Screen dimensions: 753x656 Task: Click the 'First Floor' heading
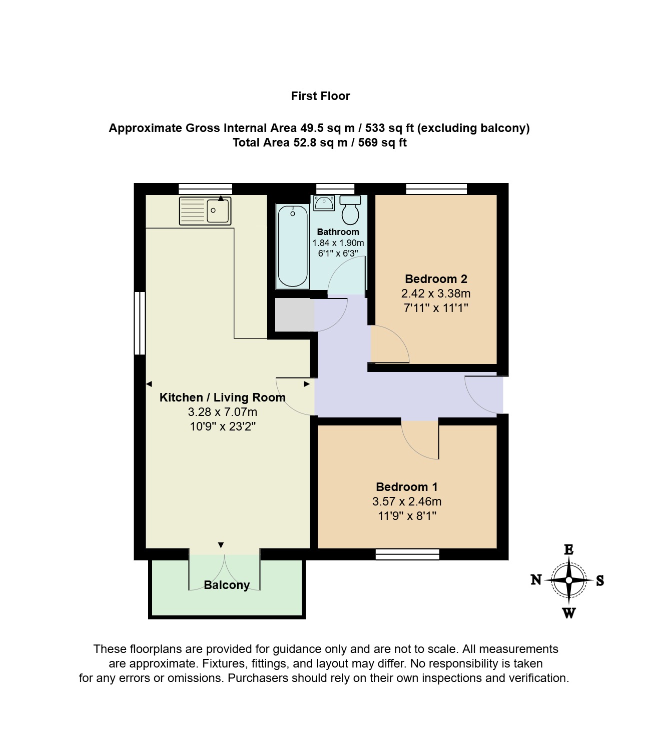(x=320, y=96)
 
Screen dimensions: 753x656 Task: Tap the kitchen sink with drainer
(x=205, y=211)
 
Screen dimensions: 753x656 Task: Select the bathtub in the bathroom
(x=292, y=245)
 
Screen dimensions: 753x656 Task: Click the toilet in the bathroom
(x=350, y=209)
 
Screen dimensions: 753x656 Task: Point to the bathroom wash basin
(x=324, y=203)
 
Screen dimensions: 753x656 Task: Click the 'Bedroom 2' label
(x=436, y=279)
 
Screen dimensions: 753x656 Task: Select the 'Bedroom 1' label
(x=407, y=487)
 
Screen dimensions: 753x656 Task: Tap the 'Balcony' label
(x=227, y=585)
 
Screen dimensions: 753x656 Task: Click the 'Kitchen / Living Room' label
(x=222, y=397)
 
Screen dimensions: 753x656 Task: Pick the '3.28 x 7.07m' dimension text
(x=222, y=412)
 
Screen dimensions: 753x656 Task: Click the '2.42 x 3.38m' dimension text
(x=436, y=293)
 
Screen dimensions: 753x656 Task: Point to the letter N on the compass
(x=536, y=579)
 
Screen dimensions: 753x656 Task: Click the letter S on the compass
(x=600, y=580)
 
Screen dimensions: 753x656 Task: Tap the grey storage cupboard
(x=295, y=315)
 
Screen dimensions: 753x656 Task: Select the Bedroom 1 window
(x=407, y=554)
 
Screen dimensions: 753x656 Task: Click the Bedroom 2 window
(x=436, y=189)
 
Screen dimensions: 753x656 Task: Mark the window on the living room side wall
(x=140, y=323)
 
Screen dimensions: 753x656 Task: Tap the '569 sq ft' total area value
(x=382, y=142)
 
